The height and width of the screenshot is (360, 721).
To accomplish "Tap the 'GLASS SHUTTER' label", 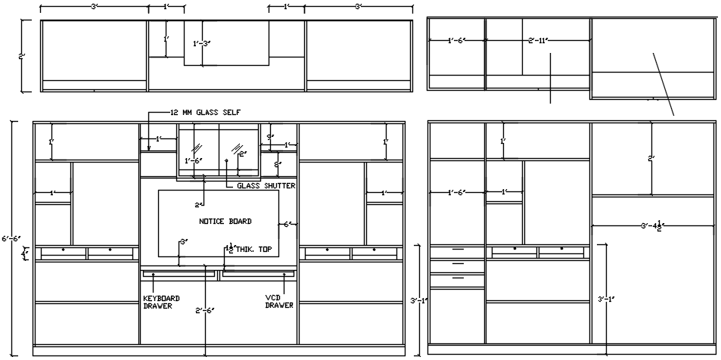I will coord(266,185).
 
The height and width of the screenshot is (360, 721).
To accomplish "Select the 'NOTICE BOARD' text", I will coord(225,222).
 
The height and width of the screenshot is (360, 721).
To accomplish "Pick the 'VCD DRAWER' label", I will coord(278,302).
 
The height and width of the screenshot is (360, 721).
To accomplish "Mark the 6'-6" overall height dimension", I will coord(10,239).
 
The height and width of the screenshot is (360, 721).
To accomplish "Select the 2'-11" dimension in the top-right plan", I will coord(538,41).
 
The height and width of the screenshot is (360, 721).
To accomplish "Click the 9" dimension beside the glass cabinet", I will coord(270,137).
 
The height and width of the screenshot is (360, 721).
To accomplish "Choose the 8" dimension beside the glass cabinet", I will coord(278,162).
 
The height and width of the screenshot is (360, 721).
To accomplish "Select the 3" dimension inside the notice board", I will coord(183,242).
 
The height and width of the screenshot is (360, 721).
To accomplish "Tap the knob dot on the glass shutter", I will coord(226,161).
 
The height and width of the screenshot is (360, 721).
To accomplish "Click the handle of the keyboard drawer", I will coord(154,275).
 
